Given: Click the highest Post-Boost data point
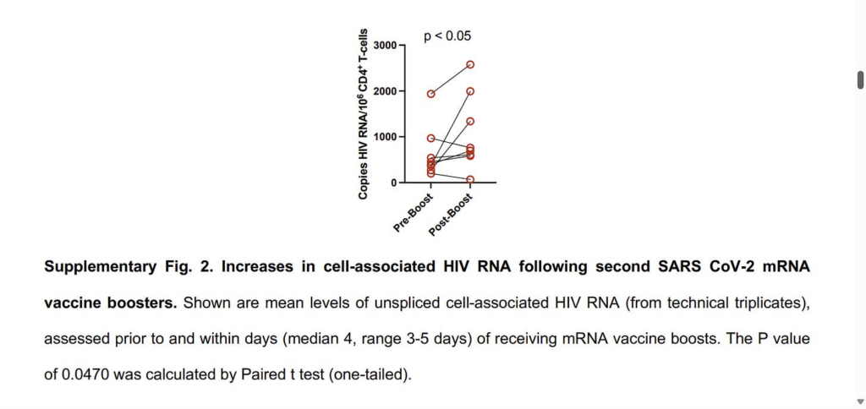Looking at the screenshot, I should tap(470, 64).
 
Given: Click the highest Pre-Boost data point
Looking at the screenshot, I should tap(430, 94).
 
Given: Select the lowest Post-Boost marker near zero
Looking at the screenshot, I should tap(470, 179).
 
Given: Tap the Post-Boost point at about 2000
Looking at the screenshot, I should tap(470, 91).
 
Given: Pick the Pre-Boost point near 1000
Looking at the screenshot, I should tap(430, 138).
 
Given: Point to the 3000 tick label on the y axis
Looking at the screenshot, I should tap(385, 45).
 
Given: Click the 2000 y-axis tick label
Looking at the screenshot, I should tap(385, 91).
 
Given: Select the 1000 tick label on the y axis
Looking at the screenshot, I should tap(385, 137).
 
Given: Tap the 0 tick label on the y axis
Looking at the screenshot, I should tap(392, 183).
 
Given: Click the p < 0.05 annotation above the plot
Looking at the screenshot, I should tap(447, 36).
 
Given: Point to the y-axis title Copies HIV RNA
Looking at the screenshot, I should tap(363, 114).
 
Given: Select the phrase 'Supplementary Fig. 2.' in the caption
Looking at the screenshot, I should tap(128, 267).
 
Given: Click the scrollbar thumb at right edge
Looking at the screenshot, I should tap(860, 79).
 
